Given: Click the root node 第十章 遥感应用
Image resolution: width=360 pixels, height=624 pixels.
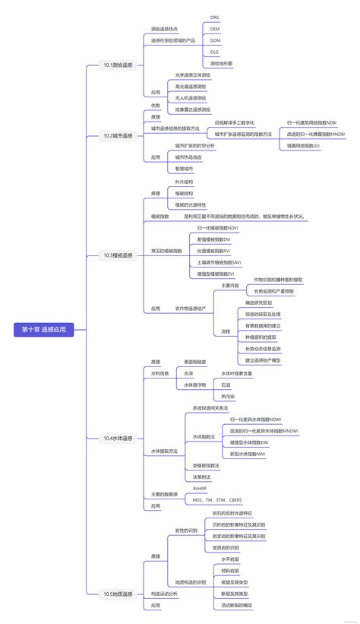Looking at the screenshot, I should click(x=44, y=329).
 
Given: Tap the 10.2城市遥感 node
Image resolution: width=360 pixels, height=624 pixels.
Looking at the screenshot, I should click(x=118, y=135).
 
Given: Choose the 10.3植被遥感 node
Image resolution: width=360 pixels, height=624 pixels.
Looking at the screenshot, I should click(x=118, y=255).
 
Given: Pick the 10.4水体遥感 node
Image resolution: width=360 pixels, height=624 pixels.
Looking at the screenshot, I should click(x=118, y=439).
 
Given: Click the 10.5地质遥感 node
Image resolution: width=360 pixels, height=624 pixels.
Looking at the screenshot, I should click(x=118, y=594).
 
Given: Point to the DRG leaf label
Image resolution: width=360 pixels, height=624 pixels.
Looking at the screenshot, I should click(x=215, y=17).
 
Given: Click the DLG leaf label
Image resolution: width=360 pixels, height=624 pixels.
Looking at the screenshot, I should click(x=215, y=52).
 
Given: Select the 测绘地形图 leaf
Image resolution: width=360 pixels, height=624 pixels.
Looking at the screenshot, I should click(x=221, y=63).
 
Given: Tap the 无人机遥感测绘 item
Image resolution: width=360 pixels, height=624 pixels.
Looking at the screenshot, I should click(x=190, y=98).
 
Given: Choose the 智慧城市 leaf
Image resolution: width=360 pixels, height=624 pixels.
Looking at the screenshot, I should click(x=184, y=168).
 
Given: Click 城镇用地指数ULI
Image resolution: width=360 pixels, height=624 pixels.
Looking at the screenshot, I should click(x=303, y=145).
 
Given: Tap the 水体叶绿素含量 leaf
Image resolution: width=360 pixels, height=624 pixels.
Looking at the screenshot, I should click(x=237, y=373).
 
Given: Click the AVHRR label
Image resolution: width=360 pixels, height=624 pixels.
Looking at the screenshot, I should click(x=200, y=489).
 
